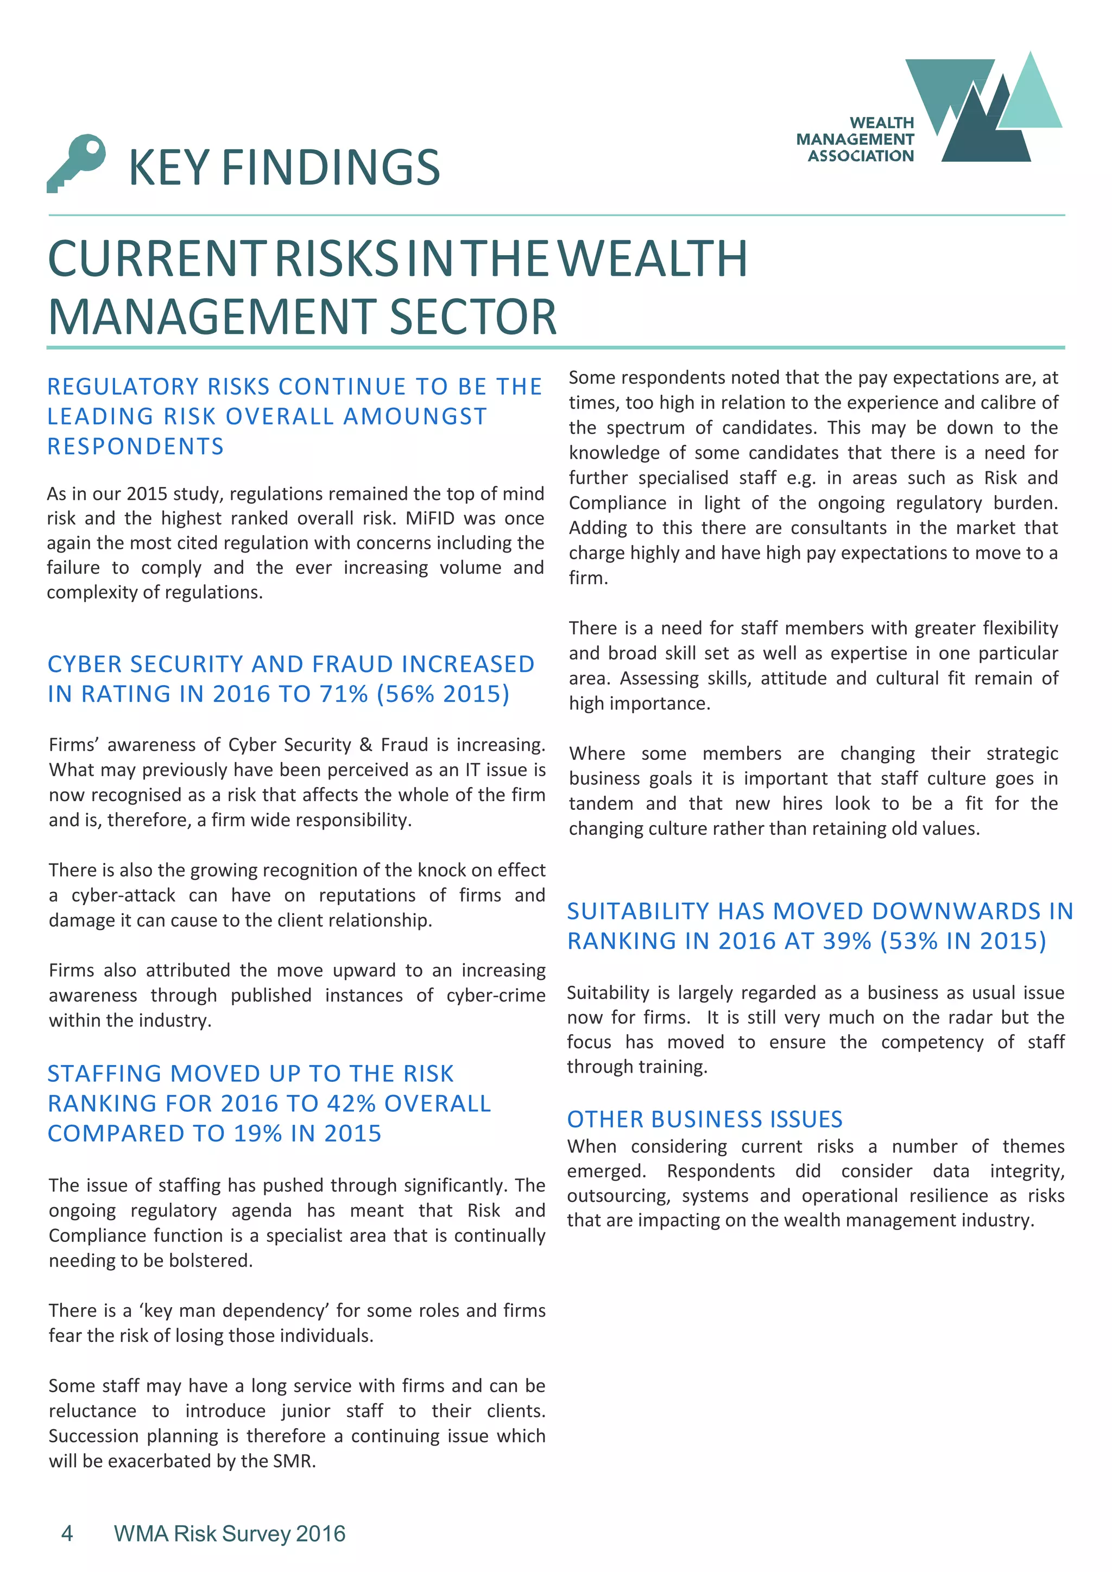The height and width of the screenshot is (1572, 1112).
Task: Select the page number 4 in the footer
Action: (x=67, y=1533)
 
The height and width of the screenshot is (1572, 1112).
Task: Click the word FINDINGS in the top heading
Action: (x=331, y=168)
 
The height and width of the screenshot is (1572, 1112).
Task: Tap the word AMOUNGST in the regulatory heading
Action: (x=415, y=416)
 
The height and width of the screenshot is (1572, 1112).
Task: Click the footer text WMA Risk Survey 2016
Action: (x=229, y=1533)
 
